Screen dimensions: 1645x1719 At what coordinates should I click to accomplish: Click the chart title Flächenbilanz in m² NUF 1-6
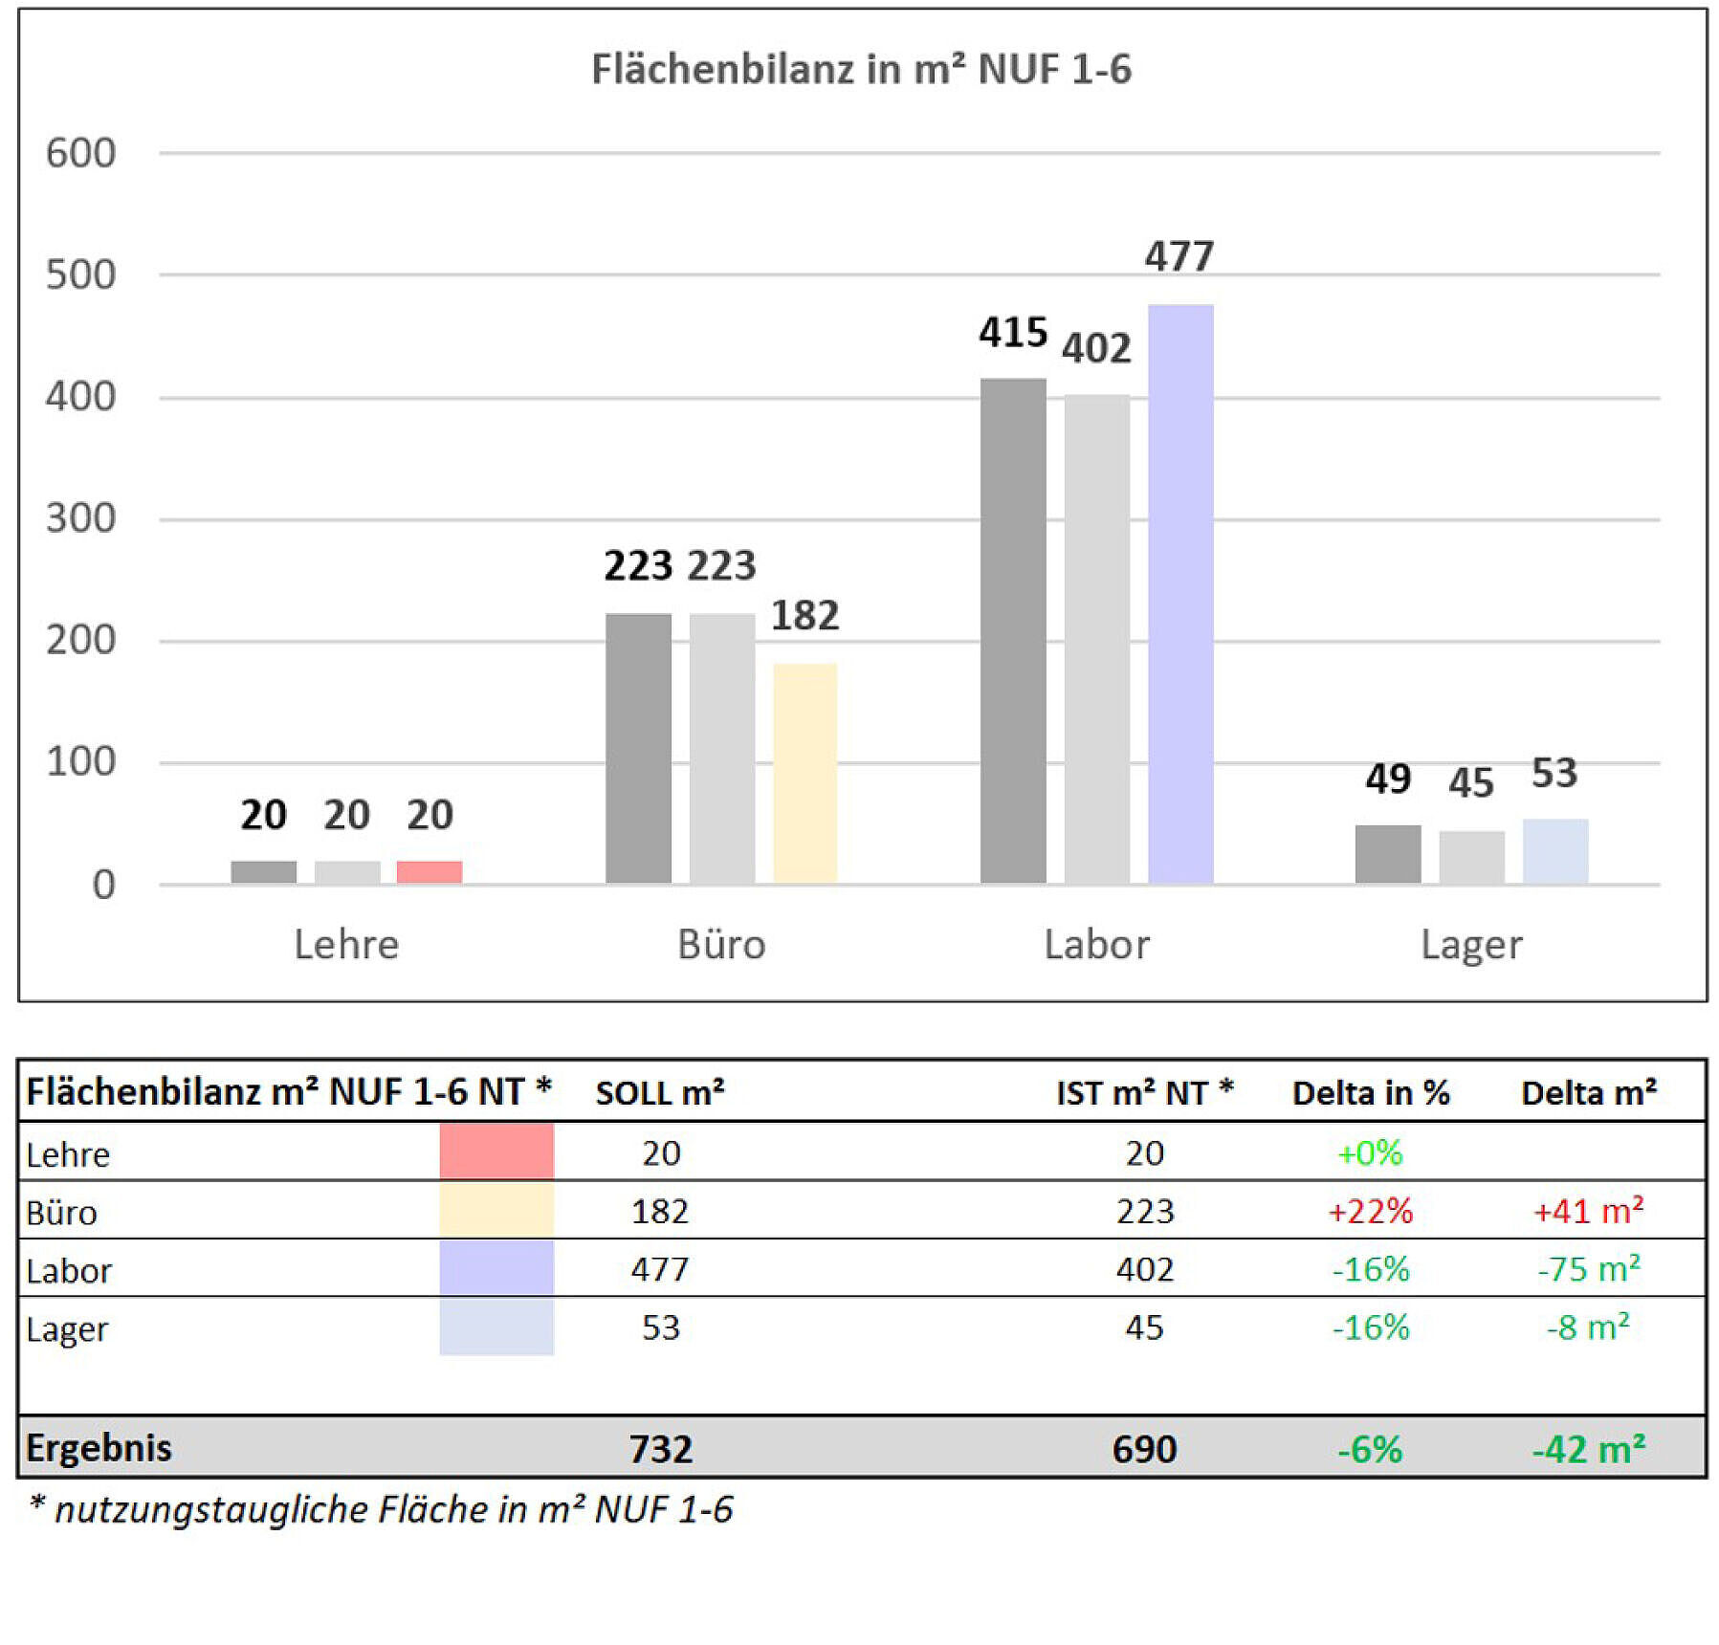click(x=861, y=69)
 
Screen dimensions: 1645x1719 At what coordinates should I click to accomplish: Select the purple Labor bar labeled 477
click(x=1180, y=593)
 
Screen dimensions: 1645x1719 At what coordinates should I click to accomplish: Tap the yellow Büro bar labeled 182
click(x=804, y=772)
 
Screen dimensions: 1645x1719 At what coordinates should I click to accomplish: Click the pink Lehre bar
click(x=430, y=871)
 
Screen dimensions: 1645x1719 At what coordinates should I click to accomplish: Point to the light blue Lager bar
click(x=1555, y=850)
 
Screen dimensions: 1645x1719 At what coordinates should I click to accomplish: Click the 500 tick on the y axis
click(x=81, y=275)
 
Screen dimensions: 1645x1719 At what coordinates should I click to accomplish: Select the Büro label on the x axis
click(x=721, y=945)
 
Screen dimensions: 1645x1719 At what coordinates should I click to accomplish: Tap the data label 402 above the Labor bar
click(x=1096, y=348)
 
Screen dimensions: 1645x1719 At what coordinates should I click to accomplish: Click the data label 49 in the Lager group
click(x=1388, y=779)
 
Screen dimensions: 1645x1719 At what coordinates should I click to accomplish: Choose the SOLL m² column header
click(x=660, y=1092)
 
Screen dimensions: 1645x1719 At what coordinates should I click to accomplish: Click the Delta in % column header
click(x=1371, y=1092)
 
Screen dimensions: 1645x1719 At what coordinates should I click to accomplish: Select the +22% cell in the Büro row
click(x=1371, y=1212)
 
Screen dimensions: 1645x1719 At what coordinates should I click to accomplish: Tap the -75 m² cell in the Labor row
click(x=1589, y=1269)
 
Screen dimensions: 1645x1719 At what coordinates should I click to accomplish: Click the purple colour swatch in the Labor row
click(x=496, y=1268)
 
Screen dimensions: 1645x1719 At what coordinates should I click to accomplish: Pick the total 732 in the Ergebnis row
click(x=661, y=1449)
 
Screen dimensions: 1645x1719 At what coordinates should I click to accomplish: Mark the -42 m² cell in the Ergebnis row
click(x=1589, y=1449)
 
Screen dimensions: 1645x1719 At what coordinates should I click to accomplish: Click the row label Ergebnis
click(x=99, y=1448)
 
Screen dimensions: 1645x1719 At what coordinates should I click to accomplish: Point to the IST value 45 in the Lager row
click(x=1144, y=1327)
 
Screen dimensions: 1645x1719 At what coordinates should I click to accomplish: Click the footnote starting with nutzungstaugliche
click(x=383, y=1509)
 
